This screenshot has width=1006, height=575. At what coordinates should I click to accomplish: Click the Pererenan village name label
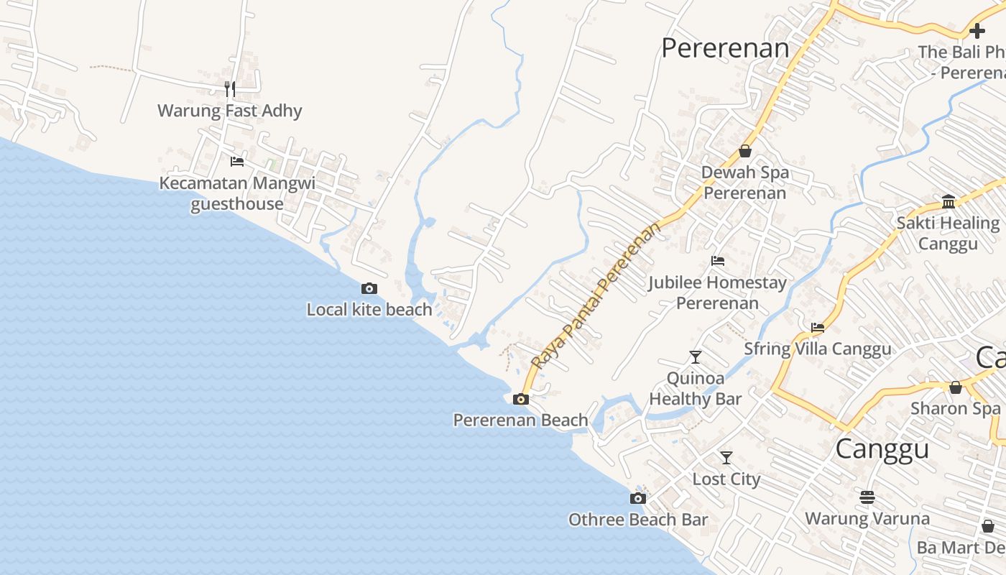click(x=725, y=48)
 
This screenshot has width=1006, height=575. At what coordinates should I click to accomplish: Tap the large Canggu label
click(x=882, y=448)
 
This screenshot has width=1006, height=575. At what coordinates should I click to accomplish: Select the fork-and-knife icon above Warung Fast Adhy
click(x=230, y=89)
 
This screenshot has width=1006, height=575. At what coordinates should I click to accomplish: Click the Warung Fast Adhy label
click(x=230, y=111)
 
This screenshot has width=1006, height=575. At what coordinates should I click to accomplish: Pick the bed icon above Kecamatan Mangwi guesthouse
click(x=237, y=162)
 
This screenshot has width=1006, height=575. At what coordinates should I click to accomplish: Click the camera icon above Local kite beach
click(x=369, y=288)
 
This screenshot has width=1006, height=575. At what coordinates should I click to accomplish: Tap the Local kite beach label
click(x=369, y=310)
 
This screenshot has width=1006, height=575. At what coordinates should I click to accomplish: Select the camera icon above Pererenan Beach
click(x=521, y=399)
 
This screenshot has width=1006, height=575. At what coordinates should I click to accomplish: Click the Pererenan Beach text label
click(x=520, y=420)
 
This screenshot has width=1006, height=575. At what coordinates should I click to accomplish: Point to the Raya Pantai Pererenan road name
click(x=596, y=296)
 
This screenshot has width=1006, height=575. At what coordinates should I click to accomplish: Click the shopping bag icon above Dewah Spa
click(x=745, y=152)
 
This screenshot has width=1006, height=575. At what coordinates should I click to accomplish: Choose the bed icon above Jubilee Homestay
click(x=717, y=261)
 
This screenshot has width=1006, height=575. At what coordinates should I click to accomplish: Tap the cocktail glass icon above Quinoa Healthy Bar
click(x=695, y=356)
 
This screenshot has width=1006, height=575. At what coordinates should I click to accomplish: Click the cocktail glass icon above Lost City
click(x=726, y=457)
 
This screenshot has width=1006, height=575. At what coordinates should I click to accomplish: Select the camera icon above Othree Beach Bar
click(x=638, y=498)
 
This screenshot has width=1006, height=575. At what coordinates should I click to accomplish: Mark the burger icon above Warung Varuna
click(x=867, y=497)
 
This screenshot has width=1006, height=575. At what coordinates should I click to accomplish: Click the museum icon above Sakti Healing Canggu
click(x=949, y=201)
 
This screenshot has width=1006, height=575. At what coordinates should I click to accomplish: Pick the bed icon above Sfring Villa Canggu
click(x=818, y=328)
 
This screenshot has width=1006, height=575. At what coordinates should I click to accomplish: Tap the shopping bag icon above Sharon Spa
click(x=956, y=387)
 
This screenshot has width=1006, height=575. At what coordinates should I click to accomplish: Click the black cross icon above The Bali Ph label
click(x=977, y=31)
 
